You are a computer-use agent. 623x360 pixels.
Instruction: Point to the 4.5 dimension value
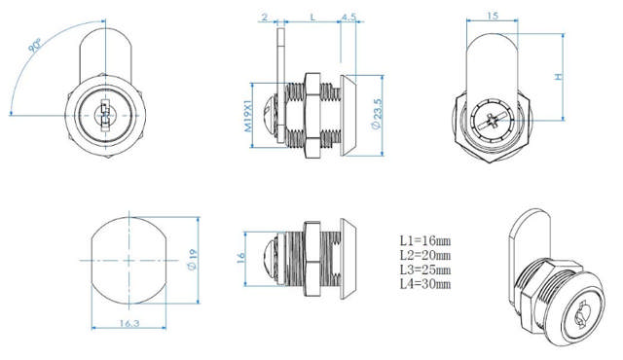(348, 17)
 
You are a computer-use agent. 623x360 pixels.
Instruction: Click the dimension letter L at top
(311, 17)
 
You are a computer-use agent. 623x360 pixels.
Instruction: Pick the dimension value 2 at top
(264, 17)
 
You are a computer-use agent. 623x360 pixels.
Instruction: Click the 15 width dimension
(495, 16)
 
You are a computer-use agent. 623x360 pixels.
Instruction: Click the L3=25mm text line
(425, 270)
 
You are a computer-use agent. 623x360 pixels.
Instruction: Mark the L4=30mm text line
(425, 284)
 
